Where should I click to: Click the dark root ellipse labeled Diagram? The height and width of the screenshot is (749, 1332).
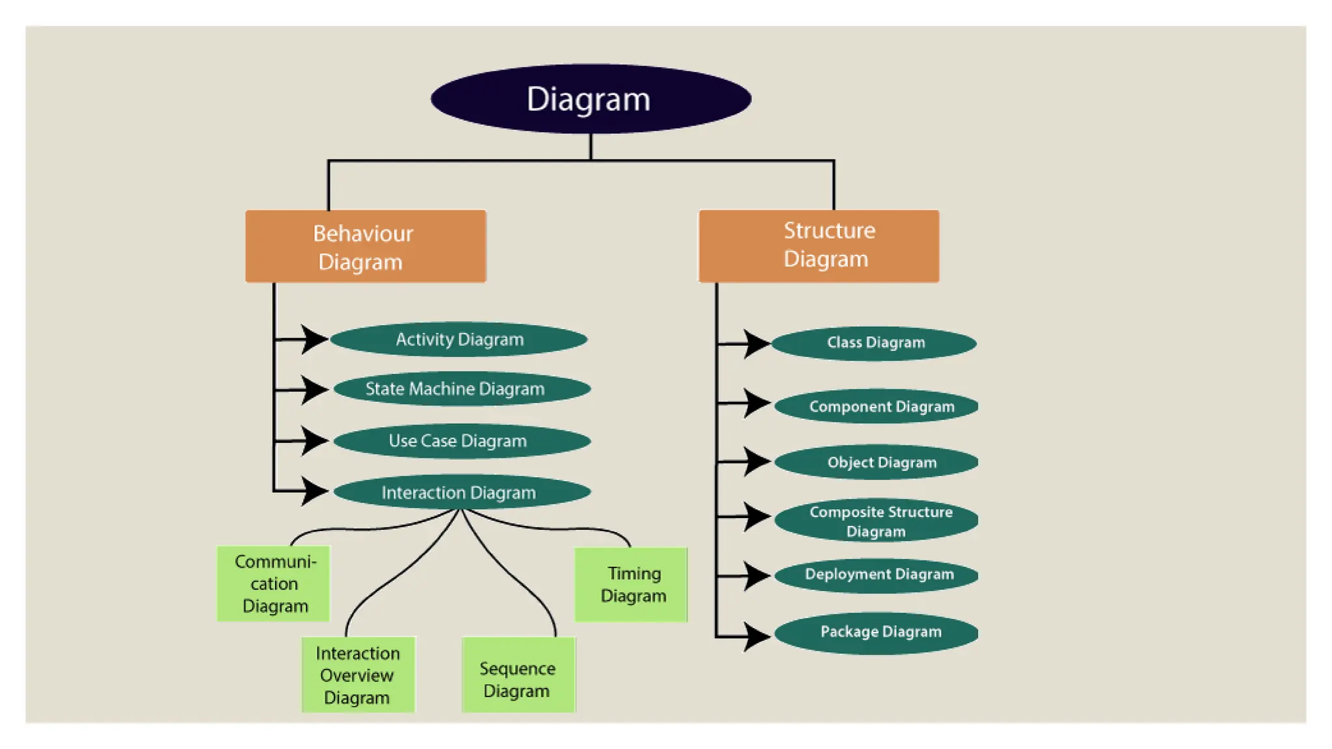coord(591,99)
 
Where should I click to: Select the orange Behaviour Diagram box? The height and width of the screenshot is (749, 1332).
coord(366,246)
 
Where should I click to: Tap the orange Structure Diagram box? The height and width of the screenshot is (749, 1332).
coord(818,246)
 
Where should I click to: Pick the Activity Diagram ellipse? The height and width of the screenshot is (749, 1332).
coord(459,339)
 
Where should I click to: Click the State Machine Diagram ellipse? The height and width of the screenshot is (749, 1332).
coord(462,389)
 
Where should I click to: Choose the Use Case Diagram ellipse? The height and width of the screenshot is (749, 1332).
coord(462,441)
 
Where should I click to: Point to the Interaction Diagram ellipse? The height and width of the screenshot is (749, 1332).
coord(462,492)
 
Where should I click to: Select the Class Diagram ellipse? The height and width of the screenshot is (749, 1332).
coord(874,343)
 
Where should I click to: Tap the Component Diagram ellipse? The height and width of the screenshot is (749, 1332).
coord(877,406)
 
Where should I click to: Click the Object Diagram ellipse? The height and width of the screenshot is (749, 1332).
coord(877,462)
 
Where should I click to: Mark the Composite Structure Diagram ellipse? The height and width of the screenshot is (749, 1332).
coord(877,521)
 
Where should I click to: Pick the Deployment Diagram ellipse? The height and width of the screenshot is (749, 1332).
coord(877,575)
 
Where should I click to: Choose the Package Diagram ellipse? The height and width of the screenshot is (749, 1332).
coord(877,632)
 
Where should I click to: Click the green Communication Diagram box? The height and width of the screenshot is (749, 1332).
coord(274,584)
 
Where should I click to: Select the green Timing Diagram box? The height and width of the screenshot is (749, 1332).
coord(631,585)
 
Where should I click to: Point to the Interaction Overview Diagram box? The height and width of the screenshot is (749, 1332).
coord(358,675)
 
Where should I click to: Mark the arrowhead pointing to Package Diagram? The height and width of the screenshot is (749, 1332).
coord(756,637)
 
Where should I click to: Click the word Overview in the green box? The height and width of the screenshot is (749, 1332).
coord(356,676)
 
